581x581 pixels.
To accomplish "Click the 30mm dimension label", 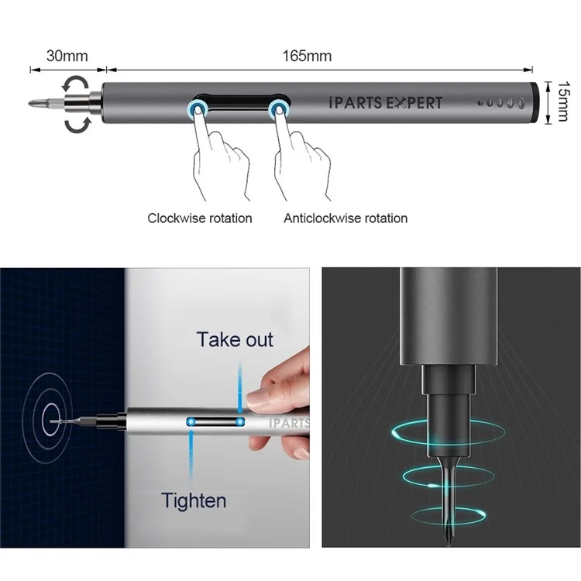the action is [67, 56].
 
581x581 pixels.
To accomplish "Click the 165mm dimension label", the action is [307, 56].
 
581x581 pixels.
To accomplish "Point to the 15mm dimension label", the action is [563, 101].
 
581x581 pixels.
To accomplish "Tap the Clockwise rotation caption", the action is [200, 218].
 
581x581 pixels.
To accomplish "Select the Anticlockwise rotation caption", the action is [346, 218].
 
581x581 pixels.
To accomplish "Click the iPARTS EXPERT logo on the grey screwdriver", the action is [385, 102].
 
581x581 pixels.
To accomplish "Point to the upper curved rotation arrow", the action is [76, 84].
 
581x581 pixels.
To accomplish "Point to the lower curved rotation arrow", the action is [77, 125].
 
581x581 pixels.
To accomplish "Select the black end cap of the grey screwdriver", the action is [535, 102].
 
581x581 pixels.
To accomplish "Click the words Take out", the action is [235, 339].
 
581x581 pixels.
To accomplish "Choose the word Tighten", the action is [194, 500].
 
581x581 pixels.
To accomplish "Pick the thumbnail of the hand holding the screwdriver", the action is [155, 407].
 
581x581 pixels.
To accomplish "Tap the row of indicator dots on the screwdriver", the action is [501, 102].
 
